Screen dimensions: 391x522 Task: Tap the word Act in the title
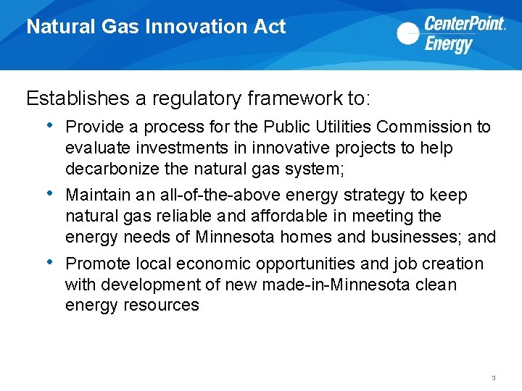270,28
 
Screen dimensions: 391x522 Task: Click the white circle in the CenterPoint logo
408,33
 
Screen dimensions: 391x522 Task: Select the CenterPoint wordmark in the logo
464,24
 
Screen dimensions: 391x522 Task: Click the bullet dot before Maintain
49,193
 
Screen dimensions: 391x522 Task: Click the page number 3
493,378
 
